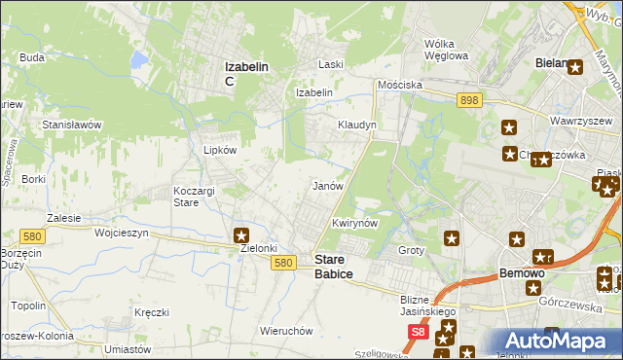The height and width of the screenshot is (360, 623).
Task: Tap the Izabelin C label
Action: (x=247, y=73)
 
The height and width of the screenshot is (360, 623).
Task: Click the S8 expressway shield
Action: (x=418, y=333)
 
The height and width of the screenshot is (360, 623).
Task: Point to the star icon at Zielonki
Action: (x=241, y=234)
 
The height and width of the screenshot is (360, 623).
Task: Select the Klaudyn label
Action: (x=356, y=126)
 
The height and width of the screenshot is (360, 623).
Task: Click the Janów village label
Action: (x=327, y=185)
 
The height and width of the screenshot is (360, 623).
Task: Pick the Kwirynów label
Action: (x=354, y=223)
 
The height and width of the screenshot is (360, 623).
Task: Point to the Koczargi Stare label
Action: (x=193, y=197)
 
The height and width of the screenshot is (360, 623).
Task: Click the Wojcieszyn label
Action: (x=121, y=234)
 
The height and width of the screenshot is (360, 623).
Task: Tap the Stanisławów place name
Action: (x=72, y=125)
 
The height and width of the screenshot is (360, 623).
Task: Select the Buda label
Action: (x=32, y=57)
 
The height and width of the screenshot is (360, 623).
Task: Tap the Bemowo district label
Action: (x=521, y=273)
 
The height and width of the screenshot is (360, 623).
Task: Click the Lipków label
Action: (x=219, y=151)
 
